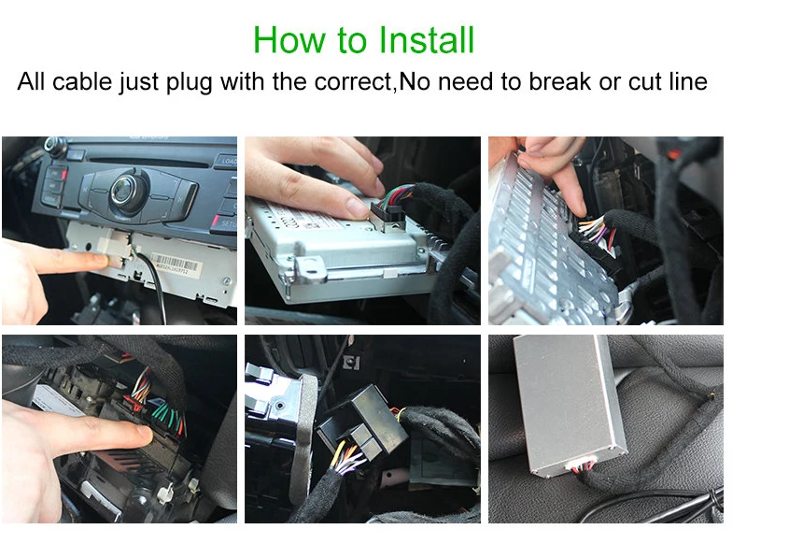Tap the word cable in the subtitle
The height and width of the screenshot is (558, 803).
82,81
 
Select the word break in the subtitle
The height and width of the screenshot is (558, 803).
559,81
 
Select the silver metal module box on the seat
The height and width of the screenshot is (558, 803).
569,403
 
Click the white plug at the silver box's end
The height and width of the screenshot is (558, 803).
580,465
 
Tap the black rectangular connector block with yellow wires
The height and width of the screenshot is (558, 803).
362,422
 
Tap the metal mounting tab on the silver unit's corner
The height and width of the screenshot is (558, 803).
309,269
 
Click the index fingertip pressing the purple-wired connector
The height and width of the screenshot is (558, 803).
580,208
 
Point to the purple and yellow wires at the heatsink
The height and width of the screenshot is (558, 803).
594,229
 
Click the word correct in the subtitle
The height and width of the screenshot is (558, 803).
354,82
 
